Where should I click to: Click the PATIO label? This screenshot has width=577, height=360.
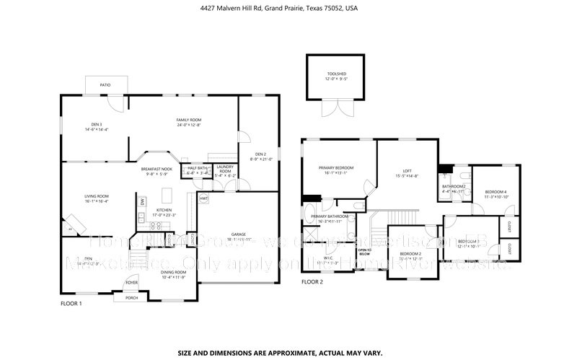tap(105, 85)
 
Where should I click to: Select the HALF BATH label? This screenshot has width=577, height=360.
tap(197, 169)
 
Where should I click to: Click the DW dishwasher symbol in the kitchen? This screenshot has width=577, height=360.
tap(143, 201)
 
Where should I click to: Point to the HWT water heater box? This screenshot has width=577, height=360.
tap(203, 198)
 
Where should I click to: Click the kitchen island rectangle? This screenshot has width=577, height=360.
tap(167, 196)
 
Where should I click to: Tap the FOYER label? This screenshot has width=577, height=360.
tap(132, 283)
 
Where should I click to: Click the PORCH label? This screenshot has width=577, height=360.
tap(131, 297)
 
